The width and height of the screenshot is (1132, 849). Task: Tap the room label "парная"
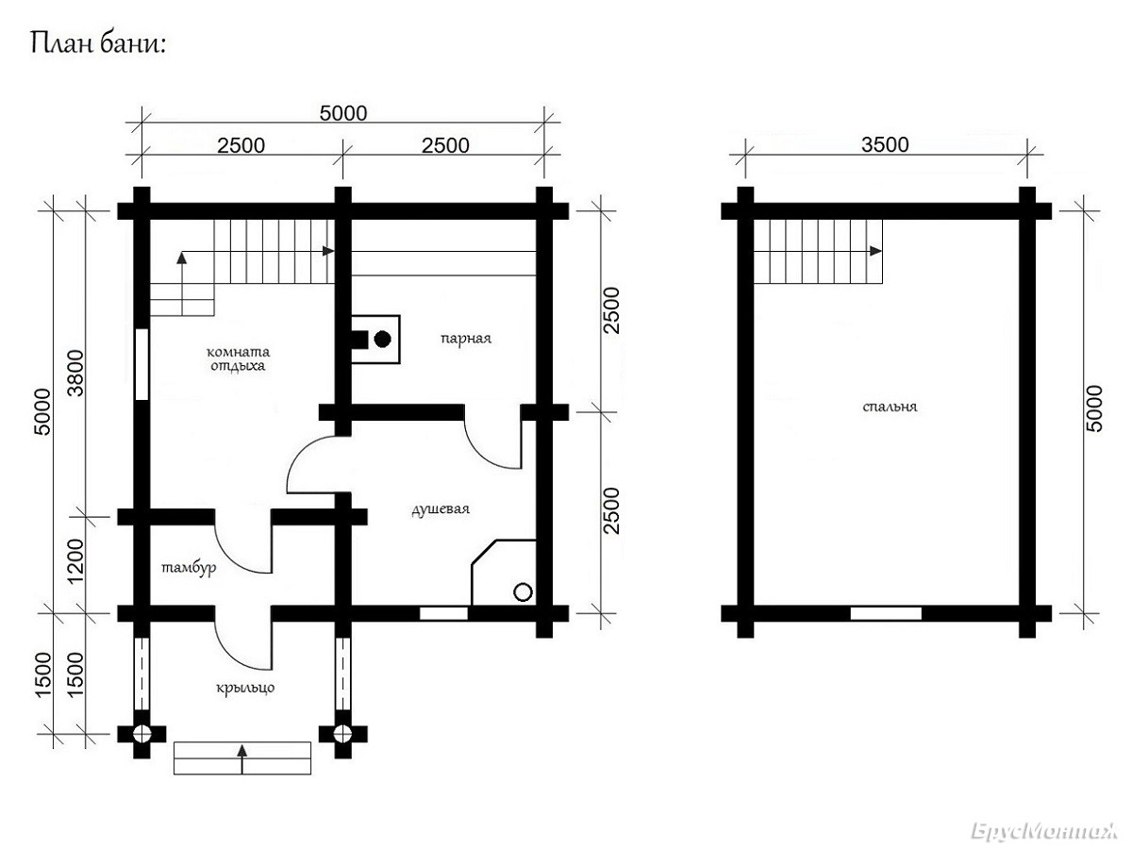click(x=466, y=339)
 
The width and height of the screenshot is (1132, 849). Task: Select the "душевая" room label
click(x=441, y=509)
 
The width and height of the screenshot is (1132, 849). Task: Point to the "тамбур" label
click(x=189, y=568)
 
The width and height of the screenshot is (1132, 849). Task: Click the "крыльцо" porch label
click(x=245, y=688)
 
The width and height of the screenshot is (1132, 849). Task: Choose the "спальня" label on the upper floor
click(x=890, y=407)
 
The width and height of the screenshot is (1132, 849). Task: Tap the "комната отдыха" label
click(x=238, y=358)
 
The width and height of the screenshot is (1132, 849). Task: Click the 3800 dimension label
click(x=75, y=373)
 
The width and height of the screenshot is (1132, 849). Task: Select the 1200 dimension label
click(x=75, y=561)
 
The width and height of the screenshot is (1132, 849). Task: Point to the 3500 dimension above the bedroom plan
click(x=885, y=145)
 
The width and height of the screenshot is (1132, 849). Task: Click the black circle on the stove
click(x=382, y=340)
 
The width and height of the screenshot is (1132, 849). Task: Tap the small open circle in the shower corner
click(x=524, y=591)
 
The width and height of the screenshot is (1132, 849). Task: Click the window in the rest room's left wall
click(x=141, y=364)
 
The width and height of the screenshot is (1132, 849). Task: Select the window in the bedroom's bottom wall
click(x=886, y=613)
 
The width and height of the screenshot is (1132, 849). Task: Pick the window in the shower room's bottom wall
click(x=443, y=613)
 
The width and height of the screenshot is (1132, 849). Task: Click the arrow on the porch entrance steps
click(x=241, y=759)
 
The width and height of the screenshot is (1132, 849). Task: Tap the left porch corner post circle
click(x=141, y=733)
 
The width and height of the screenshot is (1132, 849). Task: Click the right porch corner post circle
click(x=343, y=733)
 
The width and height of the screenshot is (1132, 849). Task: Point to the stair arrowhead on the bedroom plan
click(x=875, y=251)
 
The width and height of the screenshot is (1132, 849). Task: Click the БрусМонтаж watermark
click(x=1043, y=831)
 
